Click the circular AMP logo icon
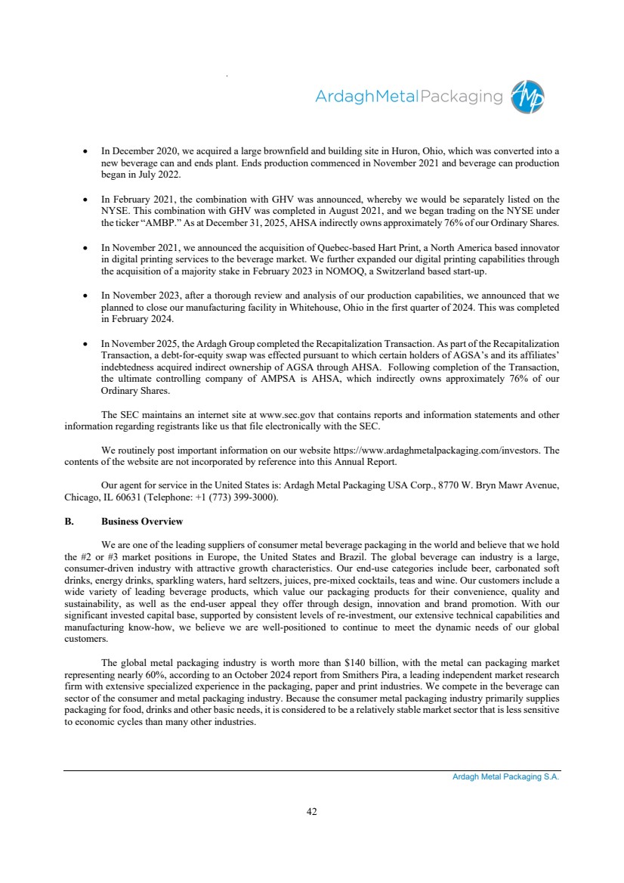pyautogui.click(x=527, y=98)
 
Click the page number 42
pyautogui.click(x=311, y=811)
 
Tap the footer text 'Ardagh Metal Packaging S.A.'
pyautogui.click(x=500, y=777)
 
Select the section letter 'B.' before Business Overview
pyautogui.click(x=69, y=522)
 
